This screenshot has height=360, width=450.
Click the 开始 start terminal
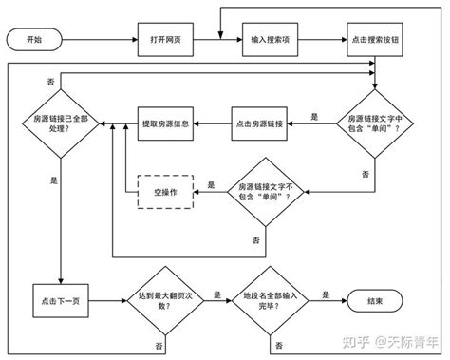pyautogui.click(x=34, y=42)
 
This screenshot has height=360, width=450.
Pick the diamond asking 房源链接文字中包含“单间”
pyautogui.click(x=375, y=123)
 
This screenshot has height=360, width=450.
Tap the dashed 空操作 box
pyautogui.click(x=165, y=192)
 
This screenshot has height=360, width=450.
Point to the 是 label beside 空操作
pyautogui.click(x=211, y=184)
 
